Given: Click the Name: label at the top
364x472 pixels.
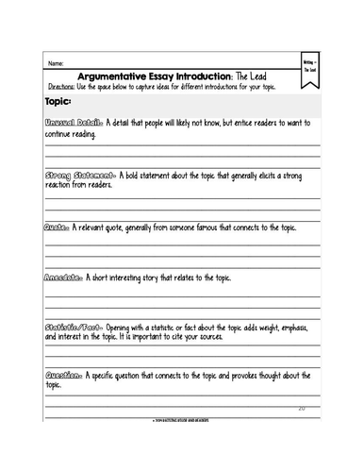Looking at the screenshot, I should (56, 63).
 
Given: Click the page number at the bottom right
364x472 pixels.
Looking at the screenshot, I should (301, 408).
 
